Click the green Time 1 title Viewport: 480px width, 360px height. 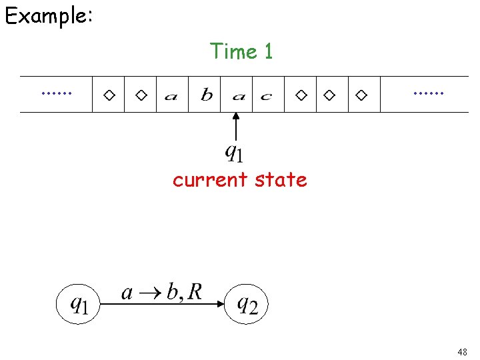click(241, 51)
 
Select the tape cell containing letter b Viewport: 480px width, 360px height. click(207, 95)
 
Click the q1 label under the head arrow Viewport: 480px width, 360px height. click(234, 153)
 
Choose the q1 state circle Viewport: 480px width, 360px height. click(79, 305)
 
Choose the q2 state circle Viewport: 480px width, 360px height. click(245, 305)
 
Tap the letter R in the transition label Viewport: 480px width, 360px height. click(194, 291)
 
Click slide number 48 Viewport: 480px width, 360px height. click(462, 351)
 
